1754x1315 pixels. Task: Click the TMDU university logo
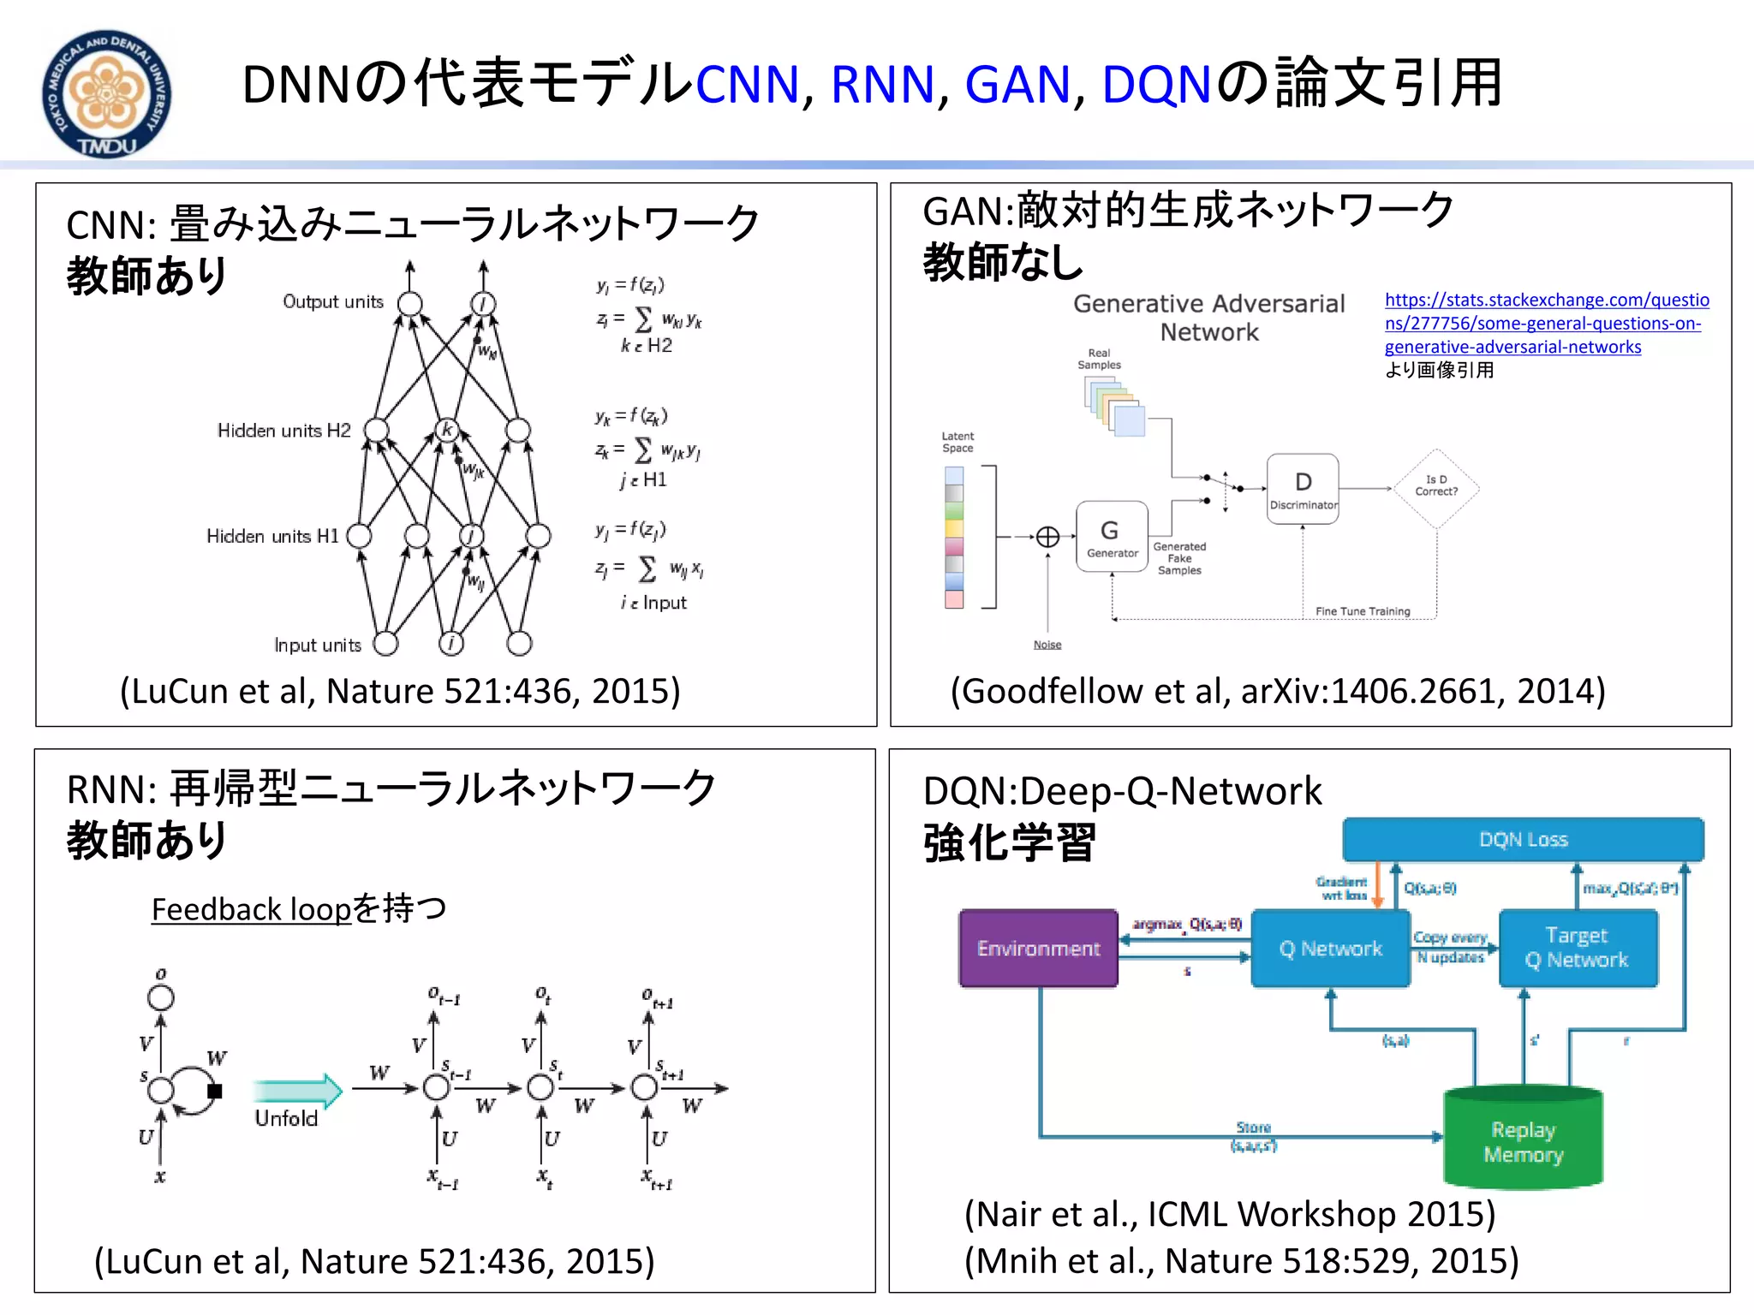coord(106,93)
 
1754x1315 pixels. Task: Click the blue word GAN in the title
coord(1017,85)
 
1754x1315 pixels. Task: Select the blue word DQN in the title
coord(1156,85)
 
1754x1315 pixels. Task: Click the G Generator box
coord(1112,536)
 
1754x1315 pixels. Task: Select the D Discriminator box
coord(1303,488)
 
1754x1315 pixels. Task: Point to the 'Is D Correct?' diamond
coord(1436,487)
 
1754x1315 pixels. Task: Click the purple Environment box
coord(1038,949)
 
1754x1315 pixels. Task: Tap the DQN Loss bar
coord(1523,840)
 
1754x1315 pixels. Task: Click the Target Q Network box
coord(1578,948)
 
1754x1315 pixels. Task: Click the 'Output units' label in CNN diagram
coord(333,302)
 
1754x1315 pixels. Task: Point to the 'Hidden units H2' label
coord(283,431)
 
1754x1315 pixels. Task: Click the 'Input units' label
coord(318,646)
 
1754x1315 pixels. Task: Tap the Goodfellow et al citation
coord(1277,691)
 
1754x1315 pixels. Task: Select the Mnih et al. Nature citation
coord(1241,1261)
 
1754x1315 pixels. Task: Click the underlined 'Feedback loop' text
coord(251,909)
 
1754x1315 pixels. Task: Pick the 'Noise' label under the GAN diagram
coord(1047,645)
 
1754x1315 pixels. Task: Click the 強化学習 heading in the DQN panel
coord(1009,843)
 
